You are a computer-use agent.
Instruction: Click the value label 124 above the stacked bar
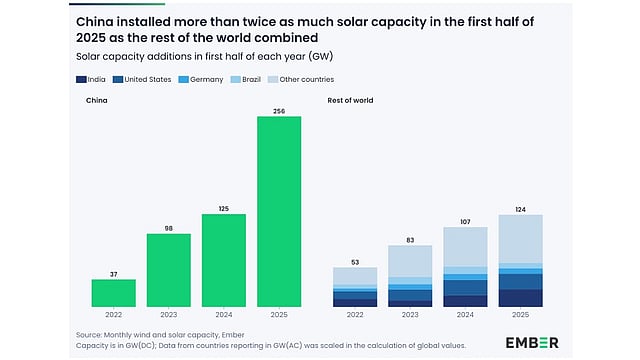pyautogui.click(x=520, y=208)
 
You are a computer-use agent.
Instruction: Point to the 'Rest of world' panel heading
pyautogui.click(x=350, y=100)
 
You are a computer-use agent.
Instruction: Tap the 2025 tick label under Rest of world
pyautogui.click(x=520, y=315)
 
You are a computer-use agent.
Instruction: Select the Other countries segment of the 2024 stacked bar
pyautogui.click(x=465, y=246)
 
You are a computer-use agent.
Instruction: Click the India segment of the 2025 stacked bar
pyautogui.click(x=520, y=298)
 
